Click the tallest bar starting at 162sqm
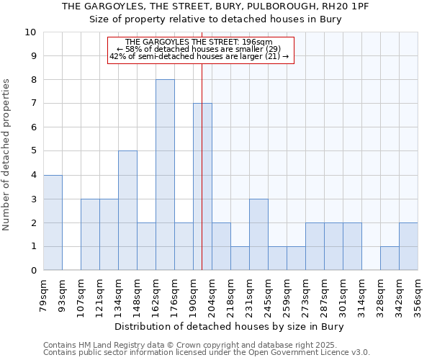(165, 175)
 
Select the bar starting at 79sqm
(53, 222)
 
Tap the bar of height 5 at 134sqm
(127, 210)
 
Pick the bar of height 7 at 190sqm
(202, 186)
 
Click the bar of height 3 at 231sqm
(258, 234)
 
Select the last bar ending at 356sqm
(408, 246)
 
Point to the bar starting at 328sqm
(390, 258)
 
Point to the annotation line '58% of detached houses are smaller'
(201, 49)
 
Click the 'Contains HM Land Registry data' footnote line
(195, 345)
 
